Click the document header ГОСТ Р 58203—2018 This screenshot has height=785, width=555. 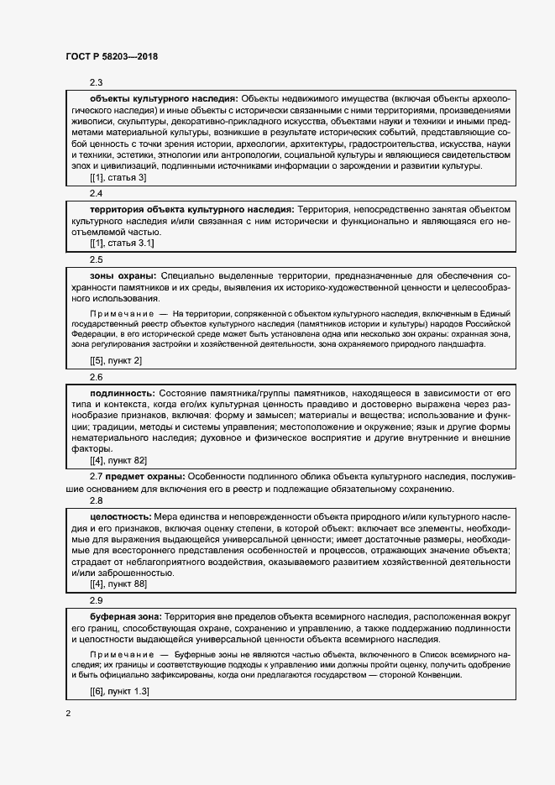point(111,57)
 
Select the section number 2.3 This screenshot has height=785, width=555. point(97,82)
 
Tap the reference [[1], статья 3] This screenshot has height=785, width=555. point(118,178)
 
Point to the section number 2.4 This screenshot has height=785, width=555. point(97,193)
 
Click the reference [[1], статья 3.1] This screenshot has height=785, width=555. point(122,243)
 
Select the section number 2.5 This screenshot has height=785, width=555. point(97,259)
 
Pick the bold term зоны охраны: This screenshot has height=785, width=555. point(123,275)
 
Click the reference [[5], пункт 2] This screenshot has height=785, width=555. point(116,360)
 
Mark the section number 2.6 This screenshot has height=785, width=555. point(97,377)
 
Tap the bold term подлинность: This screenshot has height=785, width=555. point(123,392)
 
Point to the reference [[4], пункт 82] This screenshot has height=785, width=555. point(118,461)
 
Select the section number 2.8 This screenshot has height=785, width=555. point(97,500)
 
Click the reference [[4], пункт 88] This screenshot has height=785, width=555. point(118,583)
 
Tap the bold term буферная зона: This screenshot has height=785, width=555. point(126,615)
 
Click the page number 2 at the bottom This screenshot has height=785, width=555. point(68,714)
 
